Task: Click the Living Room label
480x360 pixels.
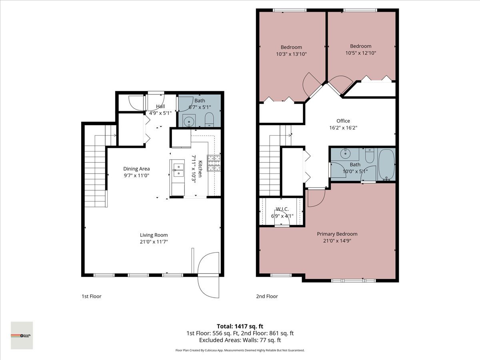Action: click(x=154, y=235)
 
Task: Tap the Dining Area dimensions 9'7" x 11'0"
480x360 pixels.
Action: click(x=136, y=175)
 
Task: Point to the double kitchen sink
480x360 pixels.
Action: click(x=177, y=173)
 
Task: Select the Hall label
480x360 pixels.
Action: click(x=160, y=106)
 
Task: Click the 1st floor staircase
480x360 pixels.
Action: click(x=96, y=176)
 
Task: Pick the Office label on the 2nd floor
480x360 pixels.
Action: click(x=343, y=121)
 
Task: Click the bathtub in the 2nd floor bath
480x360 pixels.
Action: click(x=386, y=165)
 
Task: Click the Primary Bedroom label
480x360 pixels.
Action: click(x=337, y=234)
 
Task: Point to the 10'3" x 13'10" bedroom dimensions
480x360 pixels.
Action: click(x=291, y=54)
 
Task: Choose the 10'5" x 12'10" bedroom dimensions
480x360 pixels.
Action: click(x=360, y=52)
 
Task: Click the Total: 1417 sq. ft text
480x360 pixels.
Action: click(x=240, y=326)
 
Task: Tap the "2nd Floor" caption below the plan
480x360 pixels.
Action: click(x=267, y=296)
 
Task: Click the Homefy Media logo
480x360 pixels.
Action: click(x=22, y=335)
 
